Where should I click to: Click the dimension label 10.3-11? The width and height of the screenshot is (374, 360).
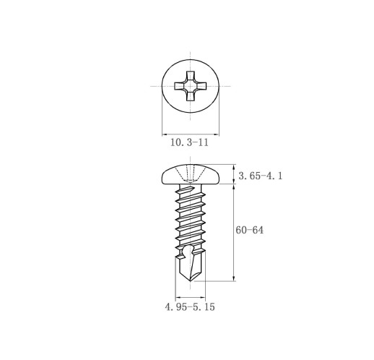tap(189, 142)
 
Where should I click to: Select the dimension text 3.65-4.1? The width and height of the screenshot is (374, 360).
tap(261, 176)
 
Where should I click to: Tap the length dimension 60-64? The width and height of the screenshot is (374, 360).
tap(250, 230)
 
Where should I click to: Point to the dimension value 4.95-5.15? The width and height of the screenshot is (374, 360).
tap(190, 307)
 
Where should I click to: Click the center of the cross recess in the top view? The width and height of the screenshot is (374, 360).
tap(191, 86)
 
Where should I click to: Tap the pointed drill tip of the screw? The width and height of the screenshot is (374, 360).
tap(191, 281)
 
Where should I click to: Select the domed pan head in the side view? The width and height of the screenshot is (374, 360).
tap(191, 174)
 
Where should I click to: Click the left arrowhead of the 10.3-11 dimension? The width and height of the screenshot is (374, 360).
tap(165, 134)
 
